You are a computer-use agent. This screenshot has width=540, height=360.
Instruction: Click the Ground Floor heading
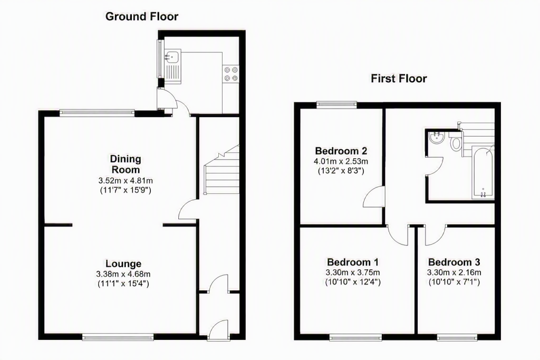(142, 16)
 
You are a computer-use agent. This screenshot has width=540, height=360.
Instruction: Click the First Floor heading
(399, 79)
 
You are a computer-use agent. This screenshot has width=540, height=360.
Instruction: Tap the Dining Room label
(125, 164)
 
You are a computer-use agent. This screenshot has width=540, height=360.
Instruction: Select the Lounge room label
(123, 264)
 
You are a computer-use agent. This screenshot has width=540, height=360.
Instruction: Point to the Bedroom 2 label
(341, 151)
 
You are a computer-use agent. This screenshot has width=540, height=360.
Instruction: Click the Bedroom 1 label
(353, 262)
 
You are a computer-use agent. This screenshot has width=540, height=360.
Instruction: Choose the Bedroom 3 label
(454, 262)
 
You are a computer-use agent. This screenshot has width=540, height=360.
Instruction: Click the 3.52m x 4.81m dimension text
(126, 180)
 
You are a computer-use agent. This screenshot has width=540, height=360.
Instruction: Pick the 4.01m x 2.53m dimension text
(341, 161)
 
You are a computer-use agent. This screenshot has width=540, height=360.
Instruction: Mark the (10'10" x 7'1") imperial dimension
(454, 282)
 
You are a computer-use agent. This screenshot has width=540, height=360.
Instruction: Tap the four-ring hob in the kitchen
(231, 74)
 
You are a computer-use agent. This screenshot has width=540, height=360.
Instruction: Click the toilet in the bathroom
(456, 142)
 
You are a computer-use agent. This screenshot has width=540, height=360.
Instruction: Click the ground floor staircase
(221, 170)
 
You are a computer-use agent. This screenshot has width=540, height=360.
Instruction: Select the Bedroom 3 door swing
(436, 235)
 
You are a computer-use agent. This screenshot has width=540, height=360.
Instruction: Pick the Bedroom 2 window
(336, 105)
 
